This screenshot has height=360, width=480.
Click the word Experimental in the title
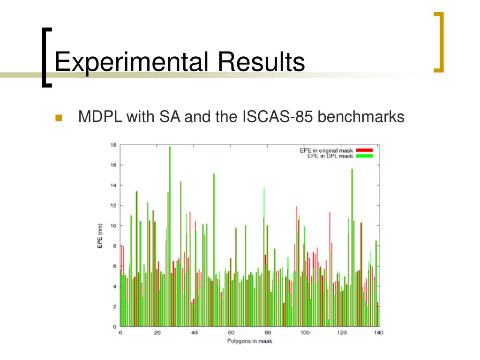point(132,62)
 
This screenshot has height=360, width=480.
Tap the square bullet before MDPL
point(59,118)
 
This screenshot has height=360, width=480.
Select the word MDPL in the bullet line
point(100,117)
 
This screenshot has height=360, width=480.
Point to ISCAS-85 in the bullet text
point(277,117)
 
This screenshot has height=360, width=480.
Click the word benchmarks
point(361,117)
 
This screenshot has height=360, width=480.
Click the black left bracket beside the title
point(46,58)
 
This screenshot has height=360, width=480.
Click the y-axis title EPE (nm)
point(100,236)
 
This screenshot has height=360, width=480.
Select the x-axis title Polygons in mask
point(249,341)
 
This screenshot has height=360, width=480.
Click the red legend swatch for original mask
point(364,150)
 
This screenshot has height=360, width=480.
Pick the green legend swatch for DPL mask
point(364,156)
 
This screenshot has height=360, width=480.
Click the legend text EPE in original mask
point(326,150)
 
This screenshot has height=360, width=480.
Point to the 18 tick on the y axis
point(113,145)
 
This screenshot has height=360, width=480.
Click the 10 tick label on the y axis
point(113,226)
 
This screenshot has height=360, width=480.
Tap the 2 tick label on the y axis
point(115,307)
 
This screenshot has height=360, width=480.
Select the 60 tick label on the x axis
point(231,333)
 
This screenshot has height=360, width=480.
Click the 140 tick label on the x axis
point(379,333)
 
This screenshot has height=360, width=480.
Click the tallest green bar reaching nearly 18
point(170,236)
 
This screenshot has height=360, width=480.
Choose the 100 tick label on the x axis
point(305,333)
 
